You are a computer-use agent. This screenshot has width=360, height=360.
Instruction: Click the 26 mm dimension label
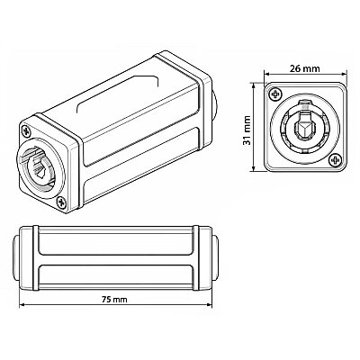(305, 68)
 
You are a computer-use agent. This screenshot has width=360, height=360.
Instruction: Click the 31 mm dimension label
(247, 130)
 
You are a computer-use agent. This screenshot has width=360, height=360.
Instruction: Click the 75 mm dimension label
(114, 299)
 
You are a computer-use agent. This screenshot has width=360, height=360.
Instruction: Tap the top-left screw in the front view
(275, 94)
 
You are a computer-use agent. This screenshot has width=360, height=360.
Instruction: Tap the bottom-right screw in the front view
(335, 160)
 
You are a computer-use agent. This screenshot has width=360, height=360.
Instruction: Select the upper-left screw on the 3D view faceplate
(26, 130)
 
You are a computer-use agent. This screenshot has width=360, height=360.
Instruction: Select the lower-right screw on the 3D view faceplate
(62, 202)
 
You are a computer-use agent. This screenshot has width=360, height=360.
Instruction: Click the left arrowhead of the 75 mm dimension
(22, 305)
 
